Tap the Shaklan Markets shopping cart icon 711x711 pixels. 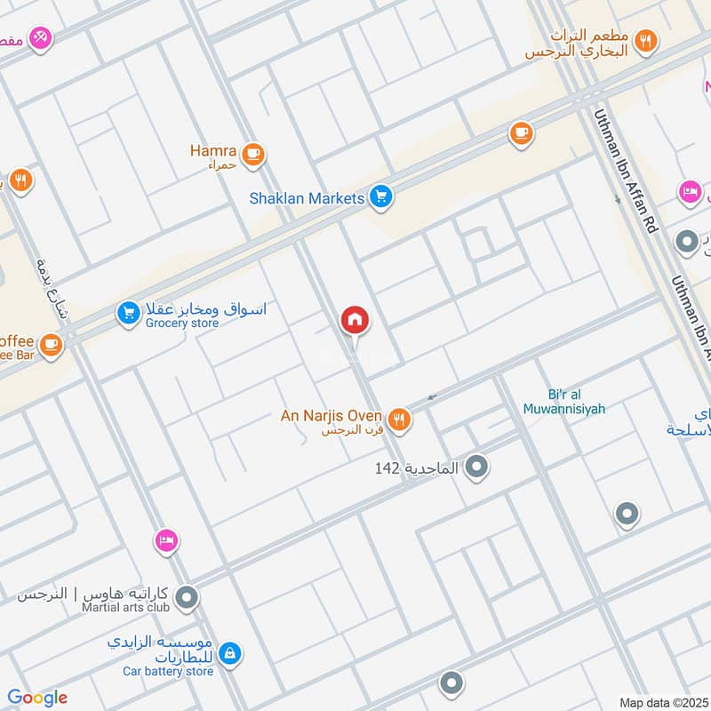[381, 197]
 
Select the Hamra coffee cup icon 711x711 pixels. [253, 154]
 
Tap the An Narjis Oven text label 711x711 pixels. [332, 416]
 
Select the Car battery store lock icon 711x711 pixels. [229, 653]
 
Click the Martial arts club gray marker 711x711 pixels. [187, 599]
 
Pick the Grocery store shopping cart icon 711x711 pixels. [128, 313]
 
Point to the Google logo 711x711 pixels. [37, 698]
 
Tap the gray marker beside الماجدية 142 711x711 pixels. [477, 466]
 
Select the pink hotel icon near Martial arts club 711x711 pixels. [165, 539]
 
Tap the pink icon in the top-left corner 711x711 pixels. [39, 38]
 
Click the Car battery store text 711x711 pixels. [168, 671]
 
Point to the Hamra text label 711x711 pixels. [213, 151]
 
